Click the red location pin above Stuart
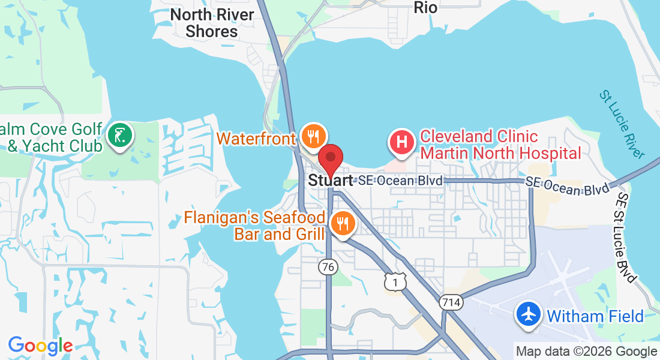[330, 158]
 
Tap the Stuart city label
[330, 179]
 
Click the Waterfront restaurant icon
[312, 136]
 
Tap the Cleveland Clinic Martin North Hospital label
[500, 145]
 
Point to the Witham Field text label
[595, 316]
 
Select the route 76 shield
[328, 267]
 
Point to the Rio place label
[425, 8]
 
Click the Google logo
[40, 346]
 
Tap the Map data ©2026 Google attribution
[587, 352]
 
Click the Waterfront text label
[256, 139]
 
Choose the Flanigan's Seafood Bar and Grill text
[256, 225]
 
